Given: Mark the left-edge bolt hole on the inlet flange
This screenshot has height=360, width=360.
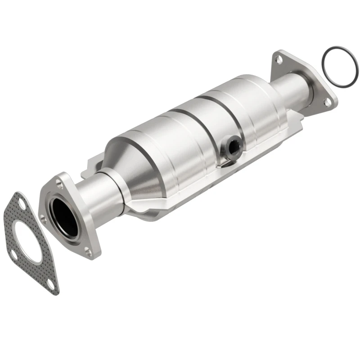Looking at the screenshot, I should click(x=44, y=219).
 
